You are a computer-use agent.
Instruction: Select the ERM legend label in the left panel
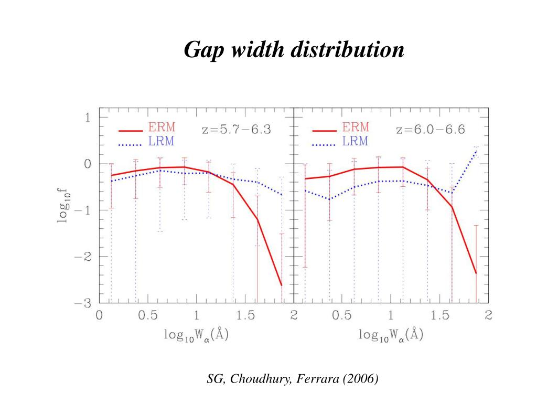pyautogui.click(x=163, y=128)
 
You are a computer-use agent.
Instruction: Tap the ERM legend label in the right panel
pyautogui.click(x=356, y=128)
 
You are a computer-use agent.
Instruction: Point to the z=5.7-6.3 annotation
pyautogui.click(x=237, y=129)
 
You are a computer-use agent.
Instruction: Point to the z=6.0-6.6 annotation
pyautogui.click(x=431, y=129)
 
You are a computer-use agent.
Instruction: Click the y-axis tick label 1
pyautogui.click(x=88, y=117)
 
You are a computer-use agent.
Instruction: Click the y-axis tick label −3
pyautogui.click(x=84, y=303)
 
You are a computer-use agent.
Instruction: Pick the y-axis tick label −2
pyautogui.click(x=84, y=257)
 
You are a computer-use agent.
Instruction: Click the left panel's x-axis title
pyautogui.click(x=197, y=334)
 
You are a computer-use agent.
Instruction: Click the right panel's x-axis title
pyautogui.click(x=391, y=334)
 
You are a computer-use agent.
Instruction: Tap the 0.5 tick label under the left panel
pyautogui.click(x=148, y=316)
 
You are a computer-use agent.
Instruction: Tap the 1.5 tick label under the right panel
pyautogui.click(x=439, y=316)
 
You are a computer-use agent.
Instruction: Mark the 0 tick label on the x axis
pyautogui.click(x=99, y=316)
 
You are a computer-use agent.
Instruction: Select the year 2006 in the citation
pyautogui.click(x=359, y=379)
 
